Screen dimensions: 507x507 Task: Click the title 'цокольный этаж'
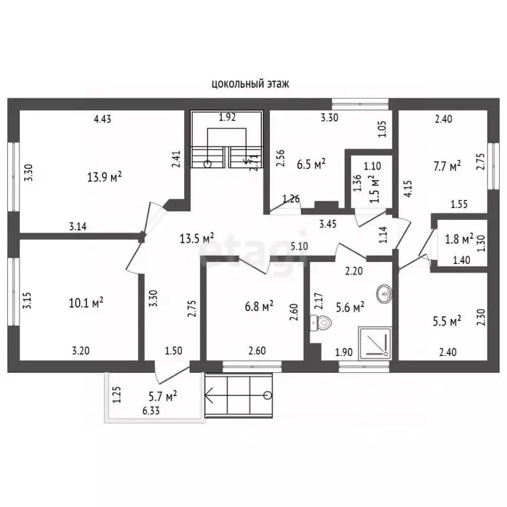click(x=250, y=84)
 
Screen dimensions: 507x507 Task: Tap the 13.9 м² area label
click(x=104, y=176)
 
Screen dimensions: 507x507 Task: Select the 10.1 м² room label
click(x=86, y=302)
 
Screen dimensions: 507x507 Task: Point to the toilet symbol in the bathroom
click(x=321, y=323)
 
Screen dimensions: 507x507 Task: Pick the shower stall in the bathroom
click(x=375, y=343)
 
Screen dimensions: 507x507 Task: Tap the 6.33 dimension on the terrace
click(x=151, y=411)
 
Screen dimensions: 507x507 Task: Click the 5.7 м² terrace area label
click(x=162, y=396)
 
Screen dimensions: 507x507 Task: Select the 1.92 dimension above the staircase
click(x=227, y=117)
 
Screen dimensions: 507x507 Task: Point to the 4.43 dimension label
click(x=102, y=119)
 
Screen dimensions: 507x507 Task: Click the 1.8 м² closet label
click(x=459, y=239)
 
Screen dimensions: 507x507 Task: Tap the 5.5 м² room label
click(x=447, y=321)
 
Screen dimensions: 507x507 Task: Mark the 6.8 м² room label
click(x=259, y=306)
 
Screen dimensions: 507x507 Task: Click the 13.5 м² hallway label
click(x=197, y=238)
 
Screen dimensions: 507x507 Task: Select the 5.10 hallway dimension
click(x=299, y=246)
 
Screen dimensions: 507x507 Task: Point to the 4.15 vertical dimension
click(x=408, y=189)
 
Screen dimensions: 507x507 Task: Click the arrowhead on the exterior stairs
click(x=209, y=395)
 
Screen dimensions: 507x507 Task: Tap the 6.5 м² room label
click(x=311, y=164)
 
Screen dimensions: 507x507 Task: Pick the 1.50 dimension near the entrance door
click(x=174, y=351)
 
